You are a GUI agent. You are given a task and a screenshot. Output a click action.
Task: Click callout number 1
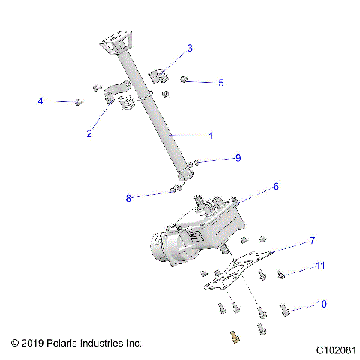point(211,136)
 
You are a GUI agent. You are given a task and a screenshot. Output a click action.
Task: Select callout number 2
point(89,133)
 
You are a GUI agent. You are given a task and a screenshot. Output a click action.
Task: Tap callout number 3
point(190,49)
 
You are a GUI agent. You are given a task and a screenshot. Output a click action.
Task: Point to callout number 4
point(40,100)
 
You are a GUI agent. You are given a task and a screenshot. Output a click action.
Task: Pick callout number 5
point(220,82)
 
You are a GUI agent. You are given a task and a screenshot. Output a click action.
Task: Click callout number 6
point(275,186)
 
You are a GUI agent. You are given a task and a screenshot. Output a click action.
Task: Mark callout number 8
point(128,198)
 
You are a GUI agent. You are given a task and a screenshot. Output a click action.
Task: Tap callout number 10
point(322,304)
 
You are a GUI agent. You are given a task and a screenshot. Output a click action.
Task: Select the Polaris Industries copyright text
point(76,343)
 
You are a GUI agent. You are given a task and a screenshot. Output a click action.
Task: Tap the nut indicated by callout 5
point(184,79)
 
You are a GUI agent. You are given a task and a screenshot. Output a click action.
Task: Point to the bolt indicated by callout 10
point(285,308)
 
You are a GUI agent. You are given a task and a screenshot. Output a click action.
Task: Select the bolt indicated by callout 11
point(280,273)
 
